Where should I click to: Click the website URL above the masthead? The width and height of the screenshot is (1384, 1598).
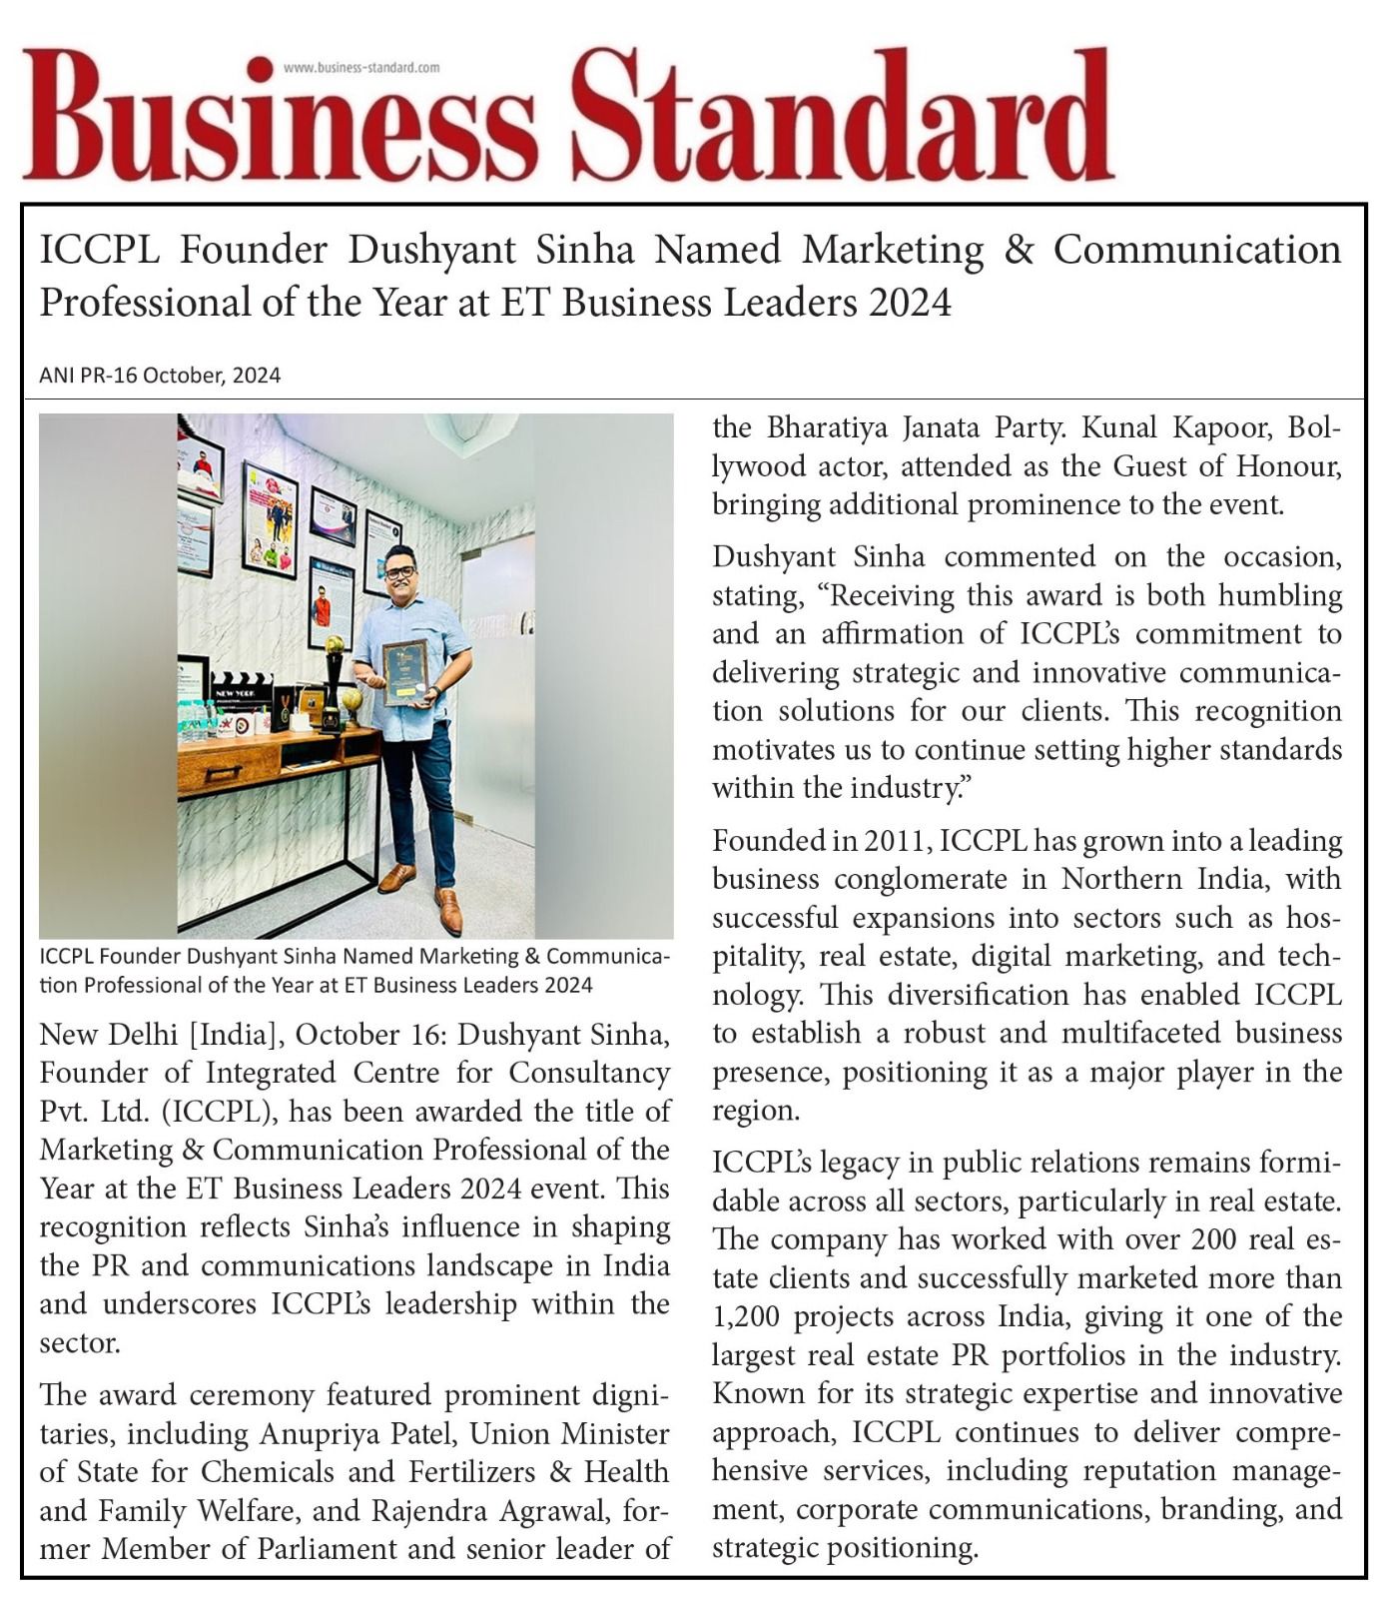click(361, 67)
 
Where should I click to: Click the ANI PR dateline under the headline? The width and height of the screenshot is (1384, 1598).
click(160, 376)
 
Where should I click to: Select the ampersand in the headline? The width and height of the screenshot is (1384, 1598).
click(1018, 250)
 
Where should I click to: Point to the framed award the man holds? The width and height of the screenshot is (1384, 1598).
click(405, 672)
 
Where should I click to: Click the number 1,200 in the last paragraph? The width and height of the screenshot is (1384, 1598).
click(745, 1317)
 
